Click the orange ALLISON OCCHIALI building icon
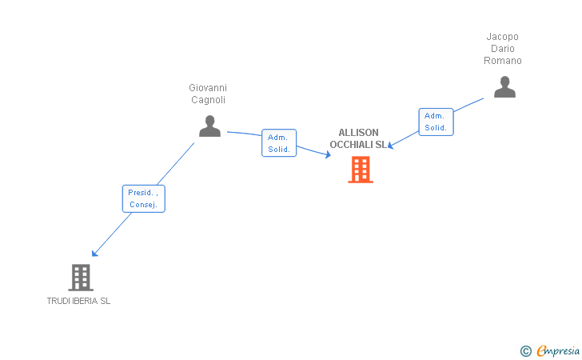point(361,169)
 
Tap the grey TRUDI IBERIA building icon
point(80,277)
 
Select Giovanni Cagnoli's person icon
point(209,126)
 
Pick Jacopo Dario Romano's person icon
point(504,86)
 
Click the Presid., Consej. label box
point(144,198)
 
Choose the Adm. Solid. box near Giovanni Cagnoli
point(279,143)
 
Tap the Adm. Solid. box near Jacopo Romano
point(436,122)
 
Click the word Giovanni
point(208,88)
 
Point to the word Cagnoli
point(208,100)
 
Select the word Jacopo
point(503,37)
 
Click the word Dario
point(503,49)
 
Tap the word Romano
point(503,61)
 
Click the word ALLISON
point(359,133)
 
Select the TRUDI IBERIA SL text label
point(78,301)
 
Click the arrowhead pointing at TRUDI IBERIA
point(95,254)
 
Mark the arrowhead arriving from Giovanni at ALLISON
point(328,155)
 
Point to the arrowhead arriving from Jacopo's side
point(391,146)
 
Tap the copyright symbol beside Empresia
point(526,350)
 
